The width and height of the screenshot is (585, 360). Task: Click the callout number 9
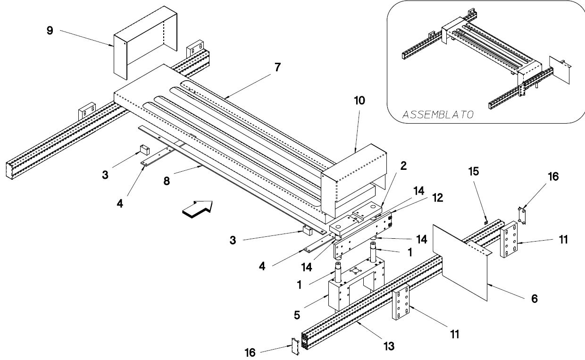(50, 31)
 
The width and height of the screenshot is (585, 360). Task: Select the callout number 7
(277, 67)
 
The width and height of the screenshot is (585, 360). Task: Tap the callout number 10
(359, 100)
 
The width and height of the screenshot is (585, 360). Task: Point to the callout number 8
(167, 181)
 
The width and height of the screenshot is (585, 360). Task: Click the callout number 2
(403, 166)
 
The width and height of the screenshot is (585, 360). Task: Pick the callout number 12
(438, 198)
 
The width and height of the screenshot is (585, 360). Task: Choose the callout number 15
(474, 171)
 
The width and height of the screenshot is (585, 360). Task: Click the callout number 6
(535, 299)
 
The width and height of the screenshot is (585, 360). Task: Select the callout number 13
(389, 346)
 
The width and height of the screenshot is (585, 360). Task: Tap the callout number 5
(297, 315)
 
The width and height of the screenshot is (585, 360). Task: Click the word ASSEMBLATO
(438, 115)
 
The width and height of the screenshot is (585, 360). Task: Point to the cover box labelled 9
(145, 43)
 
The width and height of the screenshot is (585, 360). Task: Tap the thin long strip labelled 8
(233, 179)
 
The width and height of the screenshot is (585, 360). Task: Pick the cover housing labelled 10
(354, 180)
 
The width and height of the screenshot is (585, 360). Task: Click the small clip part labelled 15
(486, 223)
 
